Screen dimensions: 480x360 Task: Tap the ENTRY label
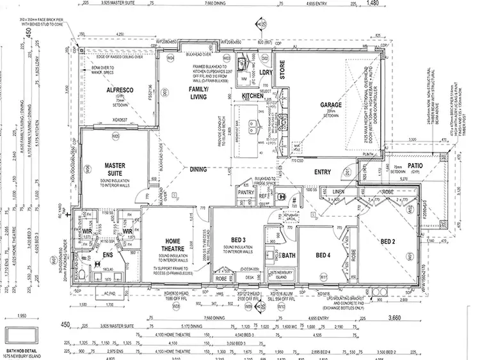pyautogui.click(x=323, y=172)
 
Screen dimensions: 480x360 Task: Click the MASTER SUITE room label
pyautogui.click(x=115, y=169)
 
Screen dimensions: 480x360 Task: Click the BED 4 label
pyautogui.click(x=323, y=254)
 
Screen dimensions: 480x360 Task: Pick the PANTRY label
pyautogui.click(x=246, y=192)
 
